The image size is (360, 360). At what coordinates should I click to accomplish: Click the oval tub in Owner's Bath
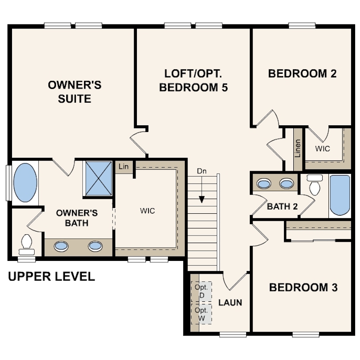tap(25, 183)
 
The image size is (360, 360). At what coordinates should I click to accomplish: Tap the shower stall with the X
tap(99, 178)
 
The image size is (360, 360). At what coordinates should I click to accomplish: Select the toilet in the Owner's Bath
tap(26, 245)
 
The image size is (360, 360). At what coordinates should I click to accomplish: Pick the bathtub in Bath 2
tap(340, 196)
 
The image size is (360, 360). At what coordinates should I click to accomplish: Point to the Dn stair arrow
tap(202, 189)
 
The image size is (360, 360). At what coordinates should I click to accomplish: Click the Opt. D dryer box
tap(201, 292)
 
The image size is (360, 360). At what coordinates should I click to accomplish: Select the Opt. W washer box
tap(201, 314)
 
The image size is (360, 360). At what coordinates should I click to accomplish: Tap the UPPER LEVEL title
tap(52, 276)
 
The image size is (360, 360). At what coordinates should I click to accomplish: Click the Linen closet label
tap(297, 148)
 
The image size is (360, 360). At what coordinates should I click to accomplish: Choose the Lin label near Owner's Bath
tap(124, 167)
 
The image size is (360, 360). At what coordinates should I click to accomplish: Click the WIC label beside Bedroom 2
tap(323, 149)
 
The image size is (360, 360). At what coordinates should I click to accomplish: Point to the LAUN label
tap(230, 303)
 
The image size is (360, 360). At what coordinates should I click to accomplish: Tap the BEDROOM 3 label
tap(303, 288)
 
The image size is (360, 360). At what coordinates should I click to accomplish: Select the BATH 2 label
tap(282, 206)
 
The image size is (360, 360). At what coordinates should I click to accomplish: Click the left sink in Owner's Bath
tap(61, 246)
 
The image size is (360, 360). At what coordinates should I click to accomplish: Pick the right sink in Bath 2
tap(286, 184)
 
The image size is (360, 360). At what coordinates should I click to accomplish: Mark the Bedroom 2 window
tap(302, 25)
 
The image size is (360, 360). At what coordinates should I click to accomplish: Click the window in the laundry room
tap(233, 334)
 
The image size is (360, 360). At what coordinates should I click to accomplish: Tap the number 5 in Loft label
tap(224, 88)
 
